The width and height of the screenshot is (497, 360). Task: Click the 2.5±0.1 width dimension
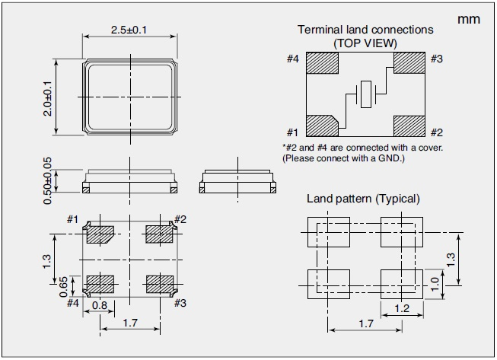(129, 30)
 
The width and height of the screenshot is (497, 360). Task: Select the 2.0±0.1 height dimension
(47, 97)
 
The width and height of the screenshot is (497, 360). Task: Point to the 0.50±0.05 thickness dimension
(47, 180)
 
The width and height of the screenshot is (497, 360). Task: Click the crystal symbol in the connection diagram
(365, 95)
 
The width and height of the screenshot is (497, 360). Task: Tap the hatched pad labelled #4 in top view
(322, 62)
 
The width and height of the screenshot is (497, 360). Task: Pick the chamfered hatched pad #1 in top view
(321, 126)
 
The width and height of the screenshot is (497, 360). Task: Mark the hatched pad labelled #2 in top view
(408, 126)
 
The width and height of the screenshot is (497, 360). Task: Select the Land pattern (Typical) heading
(362, 199)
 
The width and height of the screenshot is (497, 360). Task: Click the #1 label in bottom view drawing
(72, 220)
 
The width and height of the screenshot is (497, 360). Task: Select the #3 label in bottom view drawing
(180, 302)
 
